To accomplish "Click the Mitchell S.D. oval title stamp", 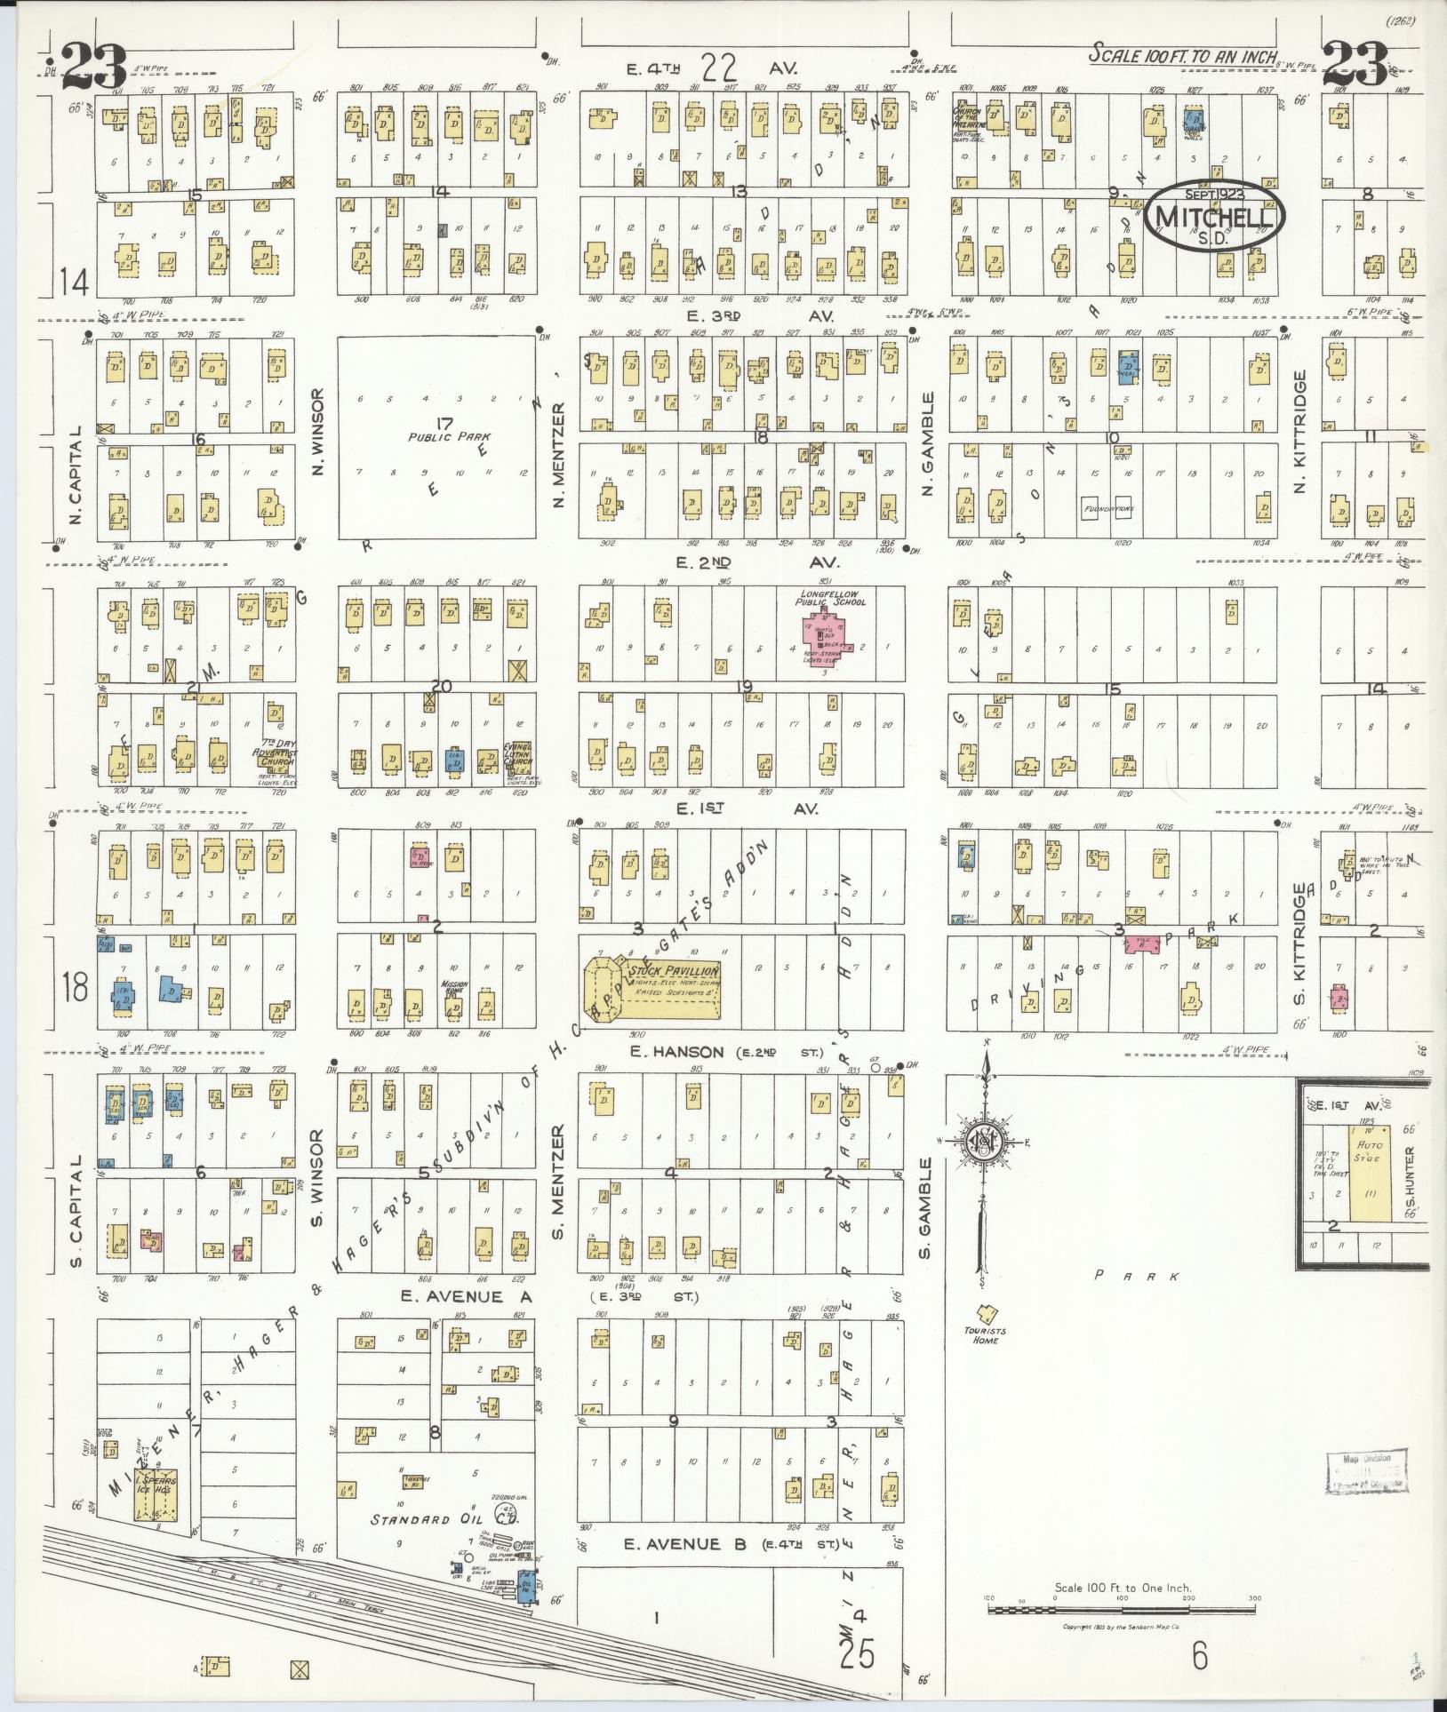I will (1215, 217).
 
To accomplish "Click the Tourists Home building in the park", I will (985, 1314).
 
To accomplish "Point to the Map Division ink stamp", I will (1363, 1476).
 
